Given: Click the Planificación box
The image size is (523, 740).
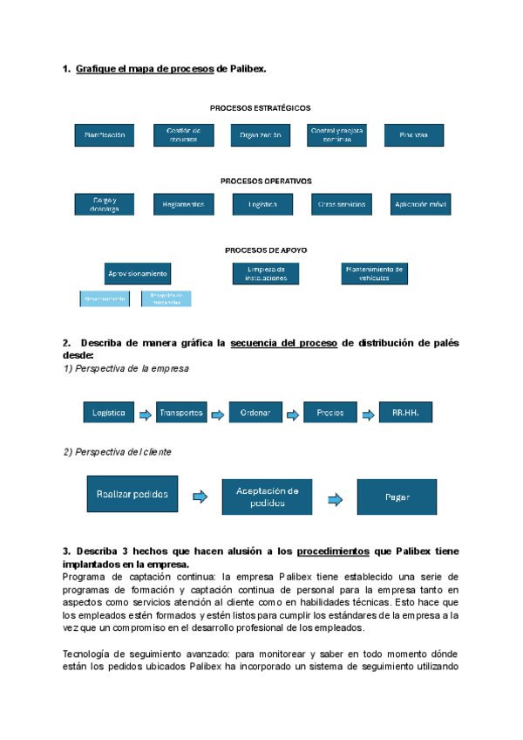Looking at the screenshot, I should (x=105, y=135).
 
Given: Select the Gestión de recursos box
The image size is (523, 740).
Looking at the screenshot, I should (x=183, y=135).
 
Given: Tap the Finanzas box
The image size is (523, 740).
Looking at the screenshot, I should (x=414, y=135).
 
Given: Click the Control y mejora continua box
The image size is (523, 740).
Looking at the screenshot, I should (x=336, y=135).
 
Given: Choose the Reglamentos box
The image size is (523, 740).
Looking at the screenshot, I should (x=183, y=204).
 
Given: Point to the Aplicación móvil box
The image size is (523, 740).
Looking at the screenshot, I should (x=421, y=204).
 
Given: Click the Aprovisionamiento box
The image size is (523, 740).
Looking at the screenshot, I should (x=138, y=273).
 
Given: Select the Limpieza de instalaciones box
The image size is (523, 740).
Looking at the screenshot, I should (x=266, y=273).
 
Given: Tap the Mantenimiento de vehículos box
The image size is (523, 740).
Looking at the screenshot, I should (x=375, y=273).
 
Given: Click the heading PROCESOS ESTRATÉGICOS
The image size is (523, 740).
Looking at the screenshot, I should (x=260, y=107).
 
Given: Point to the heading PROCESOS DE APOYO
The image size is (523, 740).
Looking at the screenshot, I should (x=266, y=250).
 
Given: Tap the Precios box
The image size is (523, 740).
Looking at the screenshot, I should (x=330, y=413).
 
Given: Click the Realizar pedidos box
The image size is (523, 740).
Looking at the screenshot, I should (x=132, y=494).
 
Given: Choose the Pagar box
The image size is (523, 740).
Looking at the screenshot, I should (x=397, y=497).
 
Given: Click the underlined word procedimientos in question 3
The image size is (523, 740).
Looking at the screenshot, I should (x=335, y=552).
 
